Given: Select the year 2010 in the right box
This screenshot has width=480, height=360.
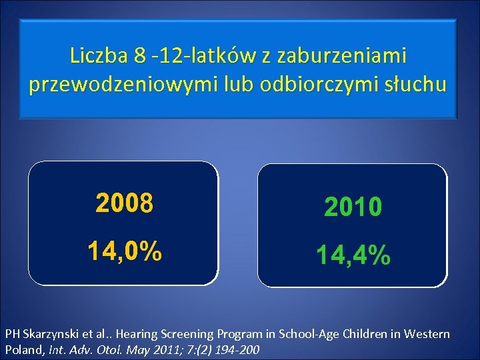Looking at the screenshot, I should click(x=353, y=208).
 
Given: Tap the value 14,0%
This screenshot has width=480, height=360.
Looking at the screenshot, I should click(x=124, y=251).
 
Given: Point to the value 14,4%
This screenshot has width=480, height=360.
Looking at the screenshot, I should click(x=353, y=255).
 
